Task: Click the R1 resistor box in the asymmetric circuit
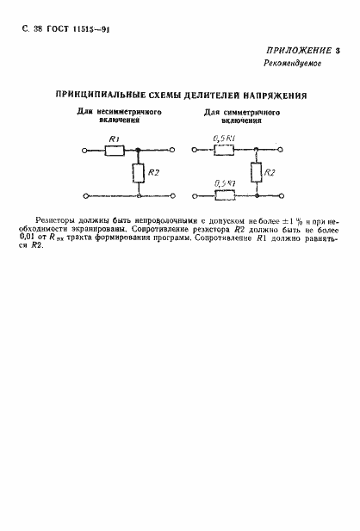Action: click(115, 149)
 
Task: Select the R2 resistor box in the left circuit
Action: click(138, 175)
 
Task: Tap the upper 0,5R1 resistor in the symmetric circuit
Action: click(225, 149)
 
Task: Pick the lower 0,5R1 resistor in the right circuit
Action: click(225, 196)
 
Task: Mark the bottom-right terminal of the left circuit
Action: click(176, 196)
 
